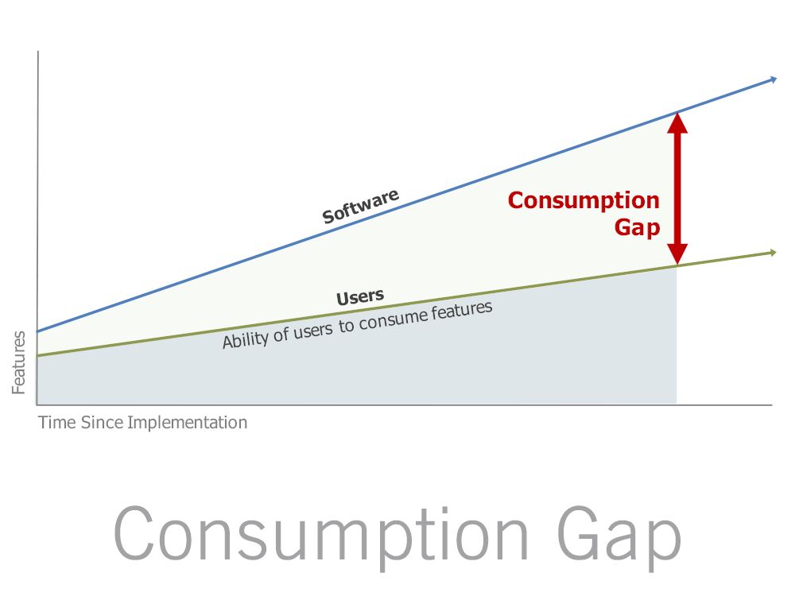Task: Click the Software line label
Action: (x=360, y=207)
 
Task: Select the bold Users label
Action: (x=360, y=297)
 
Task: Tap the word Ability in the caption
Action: (x=245, y=339)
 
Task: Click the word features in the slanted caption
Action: (x=462, y=312)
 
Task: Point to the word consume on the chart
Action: (x=393, y=321)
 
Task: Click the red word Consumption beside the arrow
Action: (x=584, y=201)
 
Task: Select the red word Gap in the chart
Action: (x=638, y=227)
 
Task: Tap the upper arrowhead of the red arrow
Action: (x=677, y=122)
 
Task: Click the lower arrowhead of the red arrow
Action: (x=677, y=254)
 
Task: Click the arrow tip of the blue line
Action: (x=776, y=79)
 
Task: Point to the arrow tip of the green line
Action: (x=776, y=253)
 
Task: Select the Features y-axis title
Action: (x=19, y=362)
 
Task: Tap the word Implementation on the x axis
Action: (x=187, y=423)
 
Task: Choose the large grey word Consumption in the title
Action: (x=321, y=536)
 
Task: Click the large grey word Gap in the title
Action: (x=619, y=536)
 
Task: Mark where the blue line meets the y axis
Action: (x=37, y=332)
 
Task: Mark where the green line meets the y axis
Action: (x=37, y=356)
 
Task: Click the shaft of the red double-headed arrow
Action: (x=677, y=188)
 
